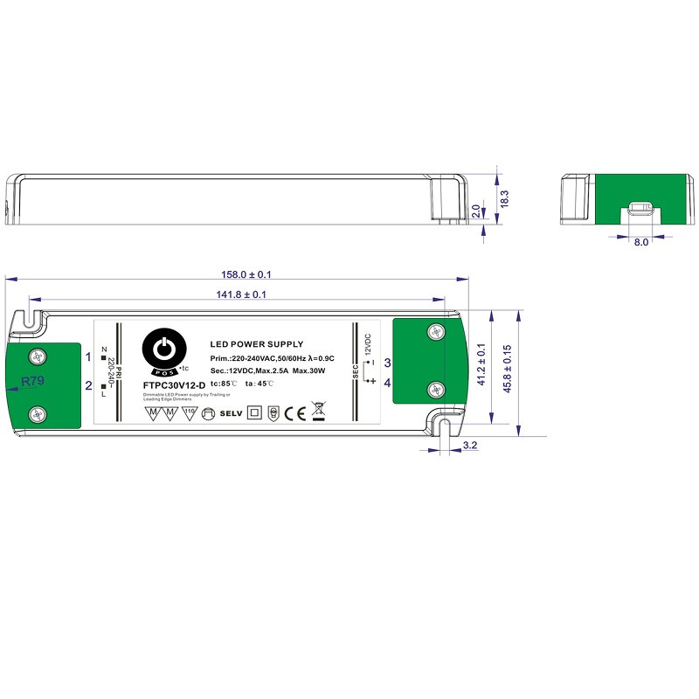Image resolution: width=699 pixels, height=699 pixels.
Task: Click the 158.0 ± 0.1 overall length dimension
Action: point(237,273)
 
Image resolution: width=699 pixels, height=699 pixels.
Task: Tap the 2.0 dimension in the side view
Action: point(476,211)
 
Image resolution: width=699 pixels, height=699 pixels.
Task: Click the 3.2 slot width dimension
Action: point(469,446)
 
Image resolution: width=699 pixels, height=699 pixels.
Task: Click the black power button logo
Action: point(164,351)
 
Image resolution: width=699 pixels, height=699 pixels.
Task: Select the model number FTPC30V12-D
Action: point(174,385)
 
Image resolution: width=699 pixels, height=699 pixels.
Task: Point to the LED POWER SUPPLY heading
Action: point(256,344)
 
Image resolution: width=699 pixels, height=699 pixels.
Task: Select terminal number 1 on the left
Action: point(88,356)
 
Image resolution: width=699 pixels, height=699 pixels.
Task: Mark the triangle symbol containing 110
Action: point(188,412)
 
